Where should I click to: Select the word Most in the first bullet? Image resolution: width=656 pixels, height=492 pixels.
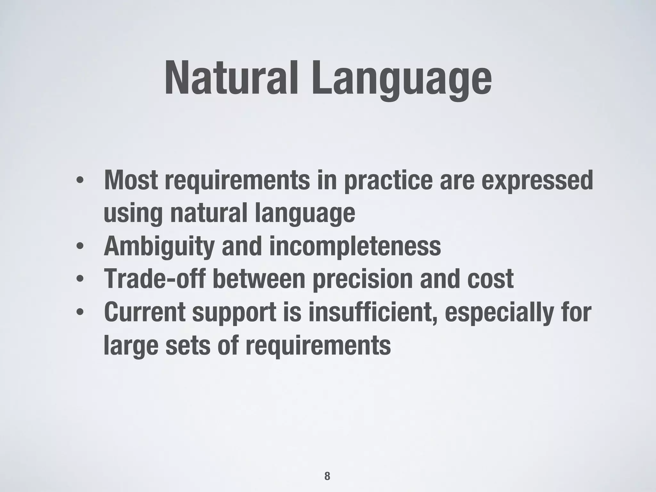131,180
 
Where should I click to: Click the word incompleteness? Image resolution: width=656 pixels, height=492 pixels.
355,247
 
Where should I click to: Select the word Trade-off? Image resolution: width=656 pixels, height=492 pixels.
155,279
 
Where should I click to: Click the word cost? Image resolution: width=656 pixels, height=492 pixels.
490,279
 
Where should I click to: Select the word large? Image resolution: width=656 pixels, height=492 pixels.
131,346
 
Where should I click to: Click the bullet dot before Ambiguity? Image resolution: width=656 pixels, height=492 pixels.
80,247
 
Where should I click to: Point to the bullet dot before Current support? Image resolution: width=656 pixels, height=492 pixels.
80,312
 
